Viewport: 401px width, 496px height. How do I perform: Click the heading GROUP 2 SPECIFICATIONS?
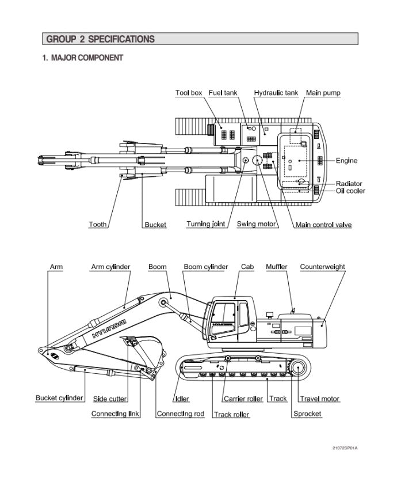coord(100,39)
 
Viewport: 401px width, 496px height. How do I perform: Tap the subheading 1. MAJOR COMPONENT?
coord(82,58)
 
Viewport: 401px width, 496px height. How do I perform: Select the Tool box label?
coord(189,93)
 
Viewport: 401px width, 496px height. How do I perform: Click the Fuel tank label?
coord(223,93)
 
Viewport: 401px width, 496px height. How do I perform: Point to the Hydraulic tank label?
coord(276,93)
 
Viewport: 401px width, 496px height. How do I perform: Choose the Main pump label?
coord(323,93)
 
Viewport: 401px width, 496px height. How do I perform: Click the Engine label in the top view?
coord(347,161)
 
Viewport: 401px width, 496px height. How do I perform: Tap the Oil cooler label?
coord(350,191)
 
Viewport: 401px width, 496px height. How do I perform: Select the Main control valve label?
coord(323,225)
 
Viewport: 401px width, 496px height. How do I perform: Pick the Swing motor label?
coord(257,224)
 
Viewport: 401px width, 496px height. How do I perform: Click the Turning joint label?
coord(206,224)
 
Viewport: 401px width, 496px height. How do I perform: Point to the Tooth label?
coord(97,224)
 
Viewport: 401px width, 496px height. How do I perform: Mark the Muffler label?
coord(277,267)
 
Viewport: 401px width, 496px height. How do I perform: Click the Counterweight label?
coord(323,267)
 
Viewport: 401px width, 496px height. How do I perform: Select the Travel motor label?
coord(320,399)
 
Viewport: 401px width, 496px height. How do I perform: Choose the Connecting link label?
coord(116,414)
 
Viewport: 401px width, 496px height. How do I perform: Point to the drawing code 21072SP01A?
coord(349,448)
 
